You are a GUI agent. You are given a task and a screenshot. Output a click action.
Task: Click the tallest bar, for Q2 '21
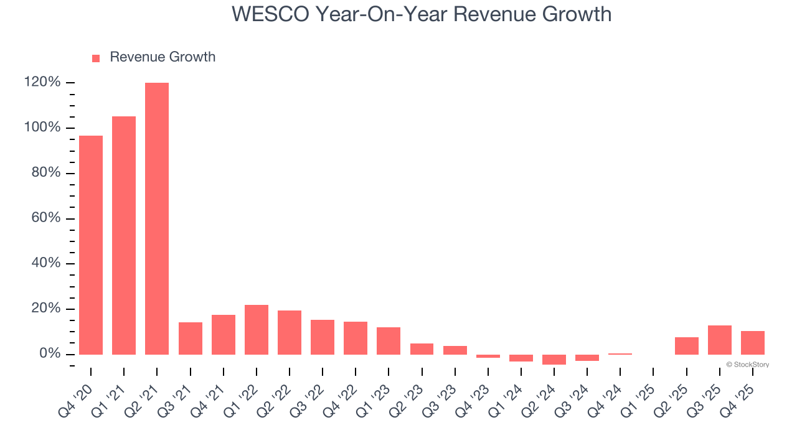tap(157, 218)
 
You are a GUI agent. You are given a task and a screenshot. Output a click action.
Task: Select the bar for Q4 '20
tap(91, 245)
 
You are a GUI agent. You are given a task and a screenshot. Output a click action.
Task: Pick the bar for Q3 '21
tap(190, 338)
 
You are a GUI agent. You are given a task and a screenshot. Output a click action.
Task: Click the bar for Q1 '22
tap(257, 330)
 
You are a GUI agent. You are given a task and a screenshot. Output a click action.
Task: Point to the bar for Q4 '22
tap(356, 338)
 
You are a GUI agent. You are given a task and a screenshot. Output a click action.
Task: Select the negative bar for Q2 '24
tap(554, 360)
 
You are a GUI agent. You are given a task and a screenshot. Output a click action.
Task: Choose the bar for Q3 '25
tap(720, 340)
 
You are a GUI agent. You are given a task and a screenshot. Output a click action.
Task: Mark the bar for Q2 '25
tap(687, 346)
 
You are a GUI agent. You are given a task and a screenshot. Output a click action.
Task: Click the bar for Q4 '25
tap(753, 343)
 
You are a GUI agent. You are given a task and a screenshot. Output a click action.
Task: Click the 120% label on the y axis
tap(42, 83)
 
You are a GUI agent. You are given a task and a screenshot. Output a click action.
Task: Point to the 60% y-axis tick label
tap(46, 218)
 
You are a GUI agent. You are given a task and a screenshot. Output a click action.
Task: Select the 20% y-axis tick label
tap(46, 309)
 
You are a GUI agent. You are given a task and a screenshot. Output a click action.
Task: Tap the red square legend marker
tap(96, 58)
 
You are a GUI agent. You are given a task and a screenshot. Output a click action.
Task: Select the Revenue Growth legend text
tap(163, 57)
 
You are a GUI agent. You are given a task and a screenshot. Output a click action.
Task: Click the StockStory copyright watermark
tap(747, 365)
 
